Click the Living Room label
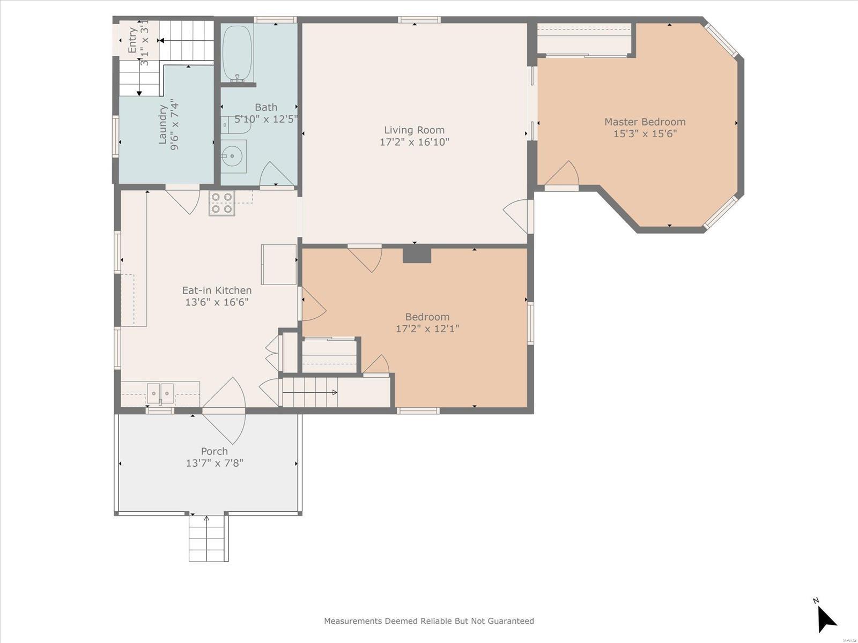click(x=414, y=130)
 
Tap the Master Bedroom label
click(x=645, y=122)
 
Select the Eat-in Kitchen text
click(x=217, y=290)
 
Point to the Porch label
click(x=214, y=451)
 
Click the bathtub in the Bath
click(x=237, y=54)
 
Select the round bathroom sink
click(x=233, y=156)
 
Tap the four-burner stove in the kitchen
click(x=221, y=204)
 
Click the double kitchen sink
click(x=160, y=394)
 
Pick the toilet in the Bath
click(x=231, y=125)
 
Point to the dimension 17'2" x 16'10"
click(x=415, y=141)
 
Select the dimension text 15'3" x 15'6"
click(x=645, y=133)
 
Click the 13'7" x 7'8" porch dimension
click(x=214, y=463)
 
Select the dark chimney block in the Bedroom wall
click(x=417, y=256)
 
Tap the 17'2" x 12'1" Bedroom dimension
click(x=427, y=328)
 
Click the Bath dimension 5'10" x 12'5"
click(x=266, y=118)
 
